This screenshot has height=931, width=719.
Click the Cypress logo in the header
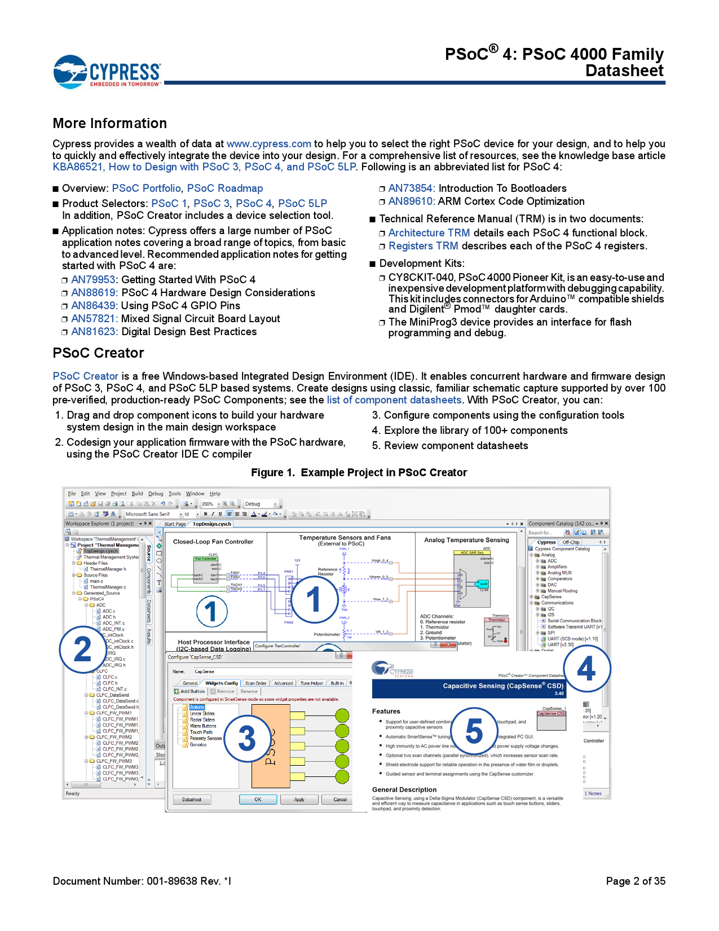[x=107, y=72]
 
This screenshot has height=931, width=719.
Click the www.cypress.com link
[x=268, y=144]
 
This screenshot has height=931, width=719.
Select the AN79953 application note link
[x=93, y=280]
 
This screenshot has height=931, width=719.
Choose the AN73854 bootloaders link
[x=410, y=188]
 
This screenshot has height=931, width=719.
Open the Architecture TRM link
[x=429, y=233]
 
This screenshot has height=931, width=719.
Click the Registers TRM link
[x=423, y=246]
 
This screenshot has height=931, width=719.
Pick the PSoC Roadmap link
[x=224, y=188]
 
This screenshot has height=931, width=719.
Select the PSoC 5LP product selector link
[x=302, y=204]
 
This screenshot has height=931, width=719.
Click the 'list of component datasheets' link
[x=394, y=400]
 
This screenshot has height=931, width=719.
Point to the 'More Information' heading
[x=110, y=124]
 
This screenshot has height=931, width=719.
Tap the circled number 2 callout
[x=83, y=649]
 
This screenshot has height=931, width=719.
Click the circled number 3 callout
[x=247, y=739]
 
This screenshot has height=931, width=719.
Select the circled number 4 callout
[x=586, y=669]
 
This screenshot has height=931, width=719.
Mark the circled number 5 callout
[x=474, y=731]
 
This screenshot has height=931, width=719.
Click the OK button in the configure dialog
[x=258, y=800]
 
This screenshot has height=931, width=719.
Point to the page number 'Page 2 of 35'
[x=635, y=881]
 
